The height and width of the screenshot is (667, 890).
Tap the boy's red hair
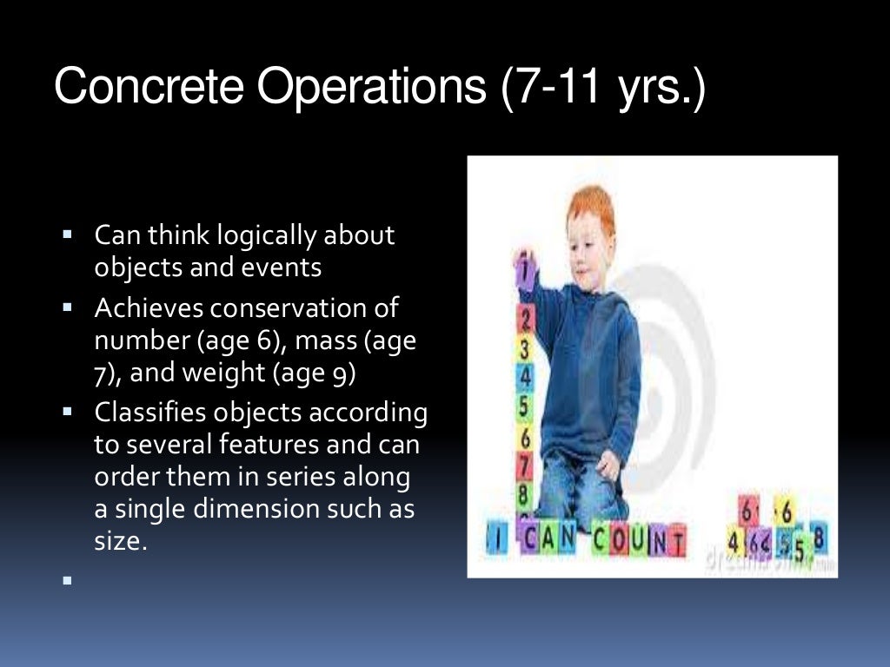pos(590,205)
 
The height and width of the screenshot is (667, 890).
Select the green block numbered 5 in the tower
pos(524,406)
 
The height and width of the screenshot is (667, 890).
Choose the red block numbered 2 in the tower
pos(524,317)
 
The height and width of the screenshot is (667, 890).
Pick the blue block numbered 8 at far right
pos(818,539)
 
